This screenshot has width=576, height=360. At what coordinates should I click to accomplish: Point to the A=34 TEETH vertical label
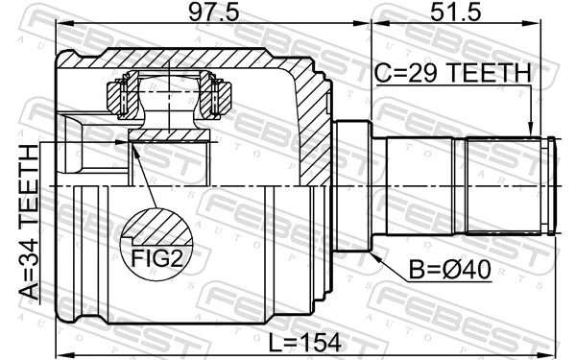click(31, 222)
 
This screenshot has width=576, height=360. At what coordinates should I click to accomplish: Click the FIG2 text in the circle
click(152, 257)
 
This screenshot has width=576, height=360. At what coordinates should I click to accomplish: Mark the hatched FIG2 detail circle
click(154, 240)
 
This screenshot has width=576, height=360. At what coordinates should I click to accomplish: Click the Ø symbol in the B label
click(451, 272)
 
